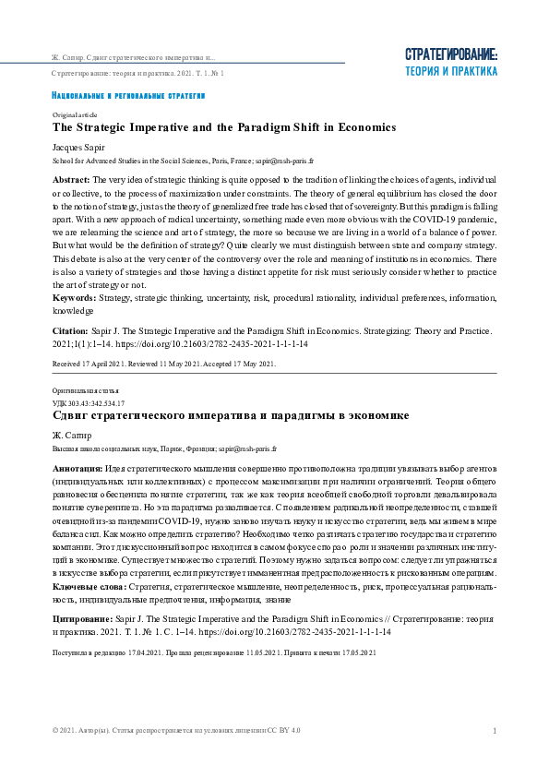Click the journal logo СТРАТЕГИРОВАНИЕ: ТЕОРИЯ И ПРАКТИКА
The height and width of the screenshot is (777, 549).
[x=451, y=62]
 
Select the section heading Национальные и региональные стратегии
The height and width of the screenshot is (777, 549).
[x=128, y=96]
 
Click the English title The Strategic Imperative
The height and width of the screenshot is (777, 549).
[x=224, y=127]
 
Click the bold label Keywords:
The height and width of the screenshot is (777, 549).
[x=75, y=299]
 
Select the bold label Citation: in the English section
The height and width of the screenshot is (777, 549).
[x=69, y=329]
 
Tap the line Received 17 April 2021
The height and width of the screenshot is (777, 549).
[x=164, y=364]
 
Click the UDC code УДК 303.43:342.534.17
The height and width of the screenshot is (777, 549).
[x=89, y=404]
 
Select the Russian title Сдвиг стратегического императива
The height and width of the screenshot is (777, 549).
[x=231, y=416]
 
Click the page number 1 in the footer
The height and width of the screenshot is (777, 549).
[x=495, y=731]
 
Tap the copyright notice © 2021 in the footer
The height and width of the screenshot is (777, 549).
[x=175, y=731]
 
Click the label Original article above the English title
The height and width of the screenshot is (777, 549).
[x=75, y=114]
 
